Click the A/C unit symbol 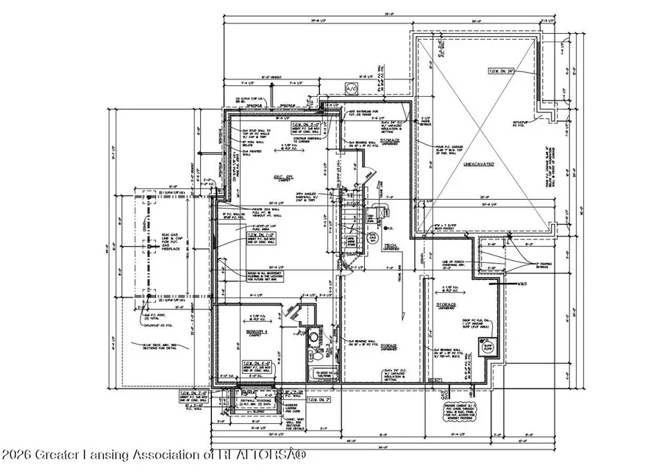pos(350,89)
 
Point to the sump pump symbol pos(486,343)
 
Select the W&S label pos(523,283)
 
